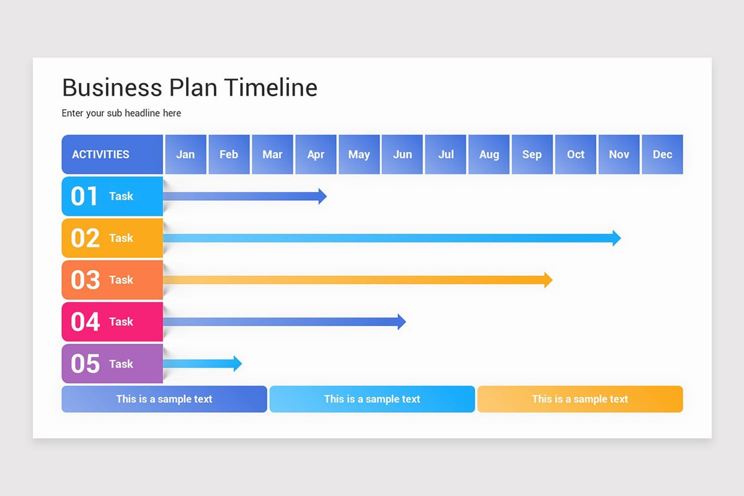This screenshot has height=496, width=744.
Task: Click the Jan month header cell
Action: click(x=185, y=154)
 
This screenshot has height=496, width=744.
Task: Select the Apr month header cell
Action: click(x=316, y=154)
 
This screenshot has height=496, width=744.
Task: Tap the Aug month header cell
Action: click(x=489, y=154)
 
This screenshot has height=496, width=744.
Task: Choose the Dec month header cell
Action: click(x=662, y=154)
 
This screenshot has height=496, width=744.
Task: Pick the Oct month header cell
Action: click(x=575, y=154)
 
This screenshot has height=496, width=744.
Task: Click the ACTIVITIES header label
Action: click(x=100, y=154)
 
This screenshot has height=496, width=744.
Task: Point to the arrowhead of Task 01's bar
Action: click(x=322, y=197)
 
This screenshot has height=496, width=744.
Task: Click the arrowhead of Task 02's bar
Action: click(x=616, y=238)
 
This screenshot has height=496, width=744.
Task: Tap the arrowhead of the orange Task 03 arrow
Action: click(x=548, y=280)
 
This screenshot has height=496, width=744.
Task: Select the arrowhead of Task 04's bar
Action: click(x=402, y=322)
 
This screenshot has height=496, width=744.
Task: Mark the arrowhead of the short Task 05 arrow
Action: click(x=237, y=364)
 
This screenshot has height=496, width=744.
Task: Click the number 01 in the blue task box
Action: click(x=85, y=197)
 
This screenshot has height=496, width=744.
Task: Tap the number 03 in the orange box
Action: click(x=85, y=280)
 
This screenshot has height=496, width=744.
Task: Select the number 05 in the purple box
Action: click(x=85, y=364)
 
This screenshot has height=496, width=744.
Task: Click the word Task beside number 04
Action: click(x=121, y=322)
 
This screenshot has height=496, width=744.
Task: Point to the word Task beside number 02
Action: click(x=121, y=238)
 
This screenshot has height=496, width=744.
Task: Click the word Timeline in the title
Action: click(x=271, y=88)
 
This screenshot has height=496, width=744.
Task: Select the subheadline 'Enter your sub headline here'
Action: click(x=122, y=113)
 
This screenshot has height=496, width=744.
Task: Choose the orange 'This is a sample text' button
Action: click(x=580, y=399)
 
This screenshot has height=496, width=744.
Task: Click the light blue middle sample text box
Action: click(x=372, y=399)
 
